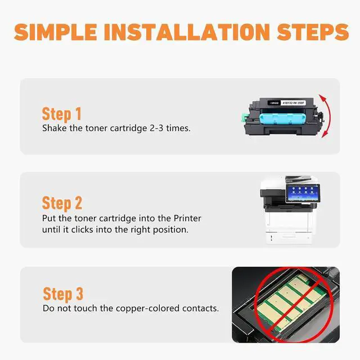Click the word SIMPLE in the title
click(55, 32)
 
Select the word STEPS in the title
click(313, 32)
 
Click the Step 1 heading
click(61, 114)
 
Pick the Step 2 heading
click(62, 204)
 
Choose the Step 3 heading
click(63, 294)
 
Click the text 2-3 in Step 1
click(156, 128)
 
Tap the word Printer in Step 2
click(187, 218)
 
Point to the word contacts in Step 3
click(200, 308)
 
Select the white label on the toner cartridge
click(293, 103)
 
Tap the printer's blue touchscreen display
click(303, 193)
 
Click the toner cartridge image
click(283, 116)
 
